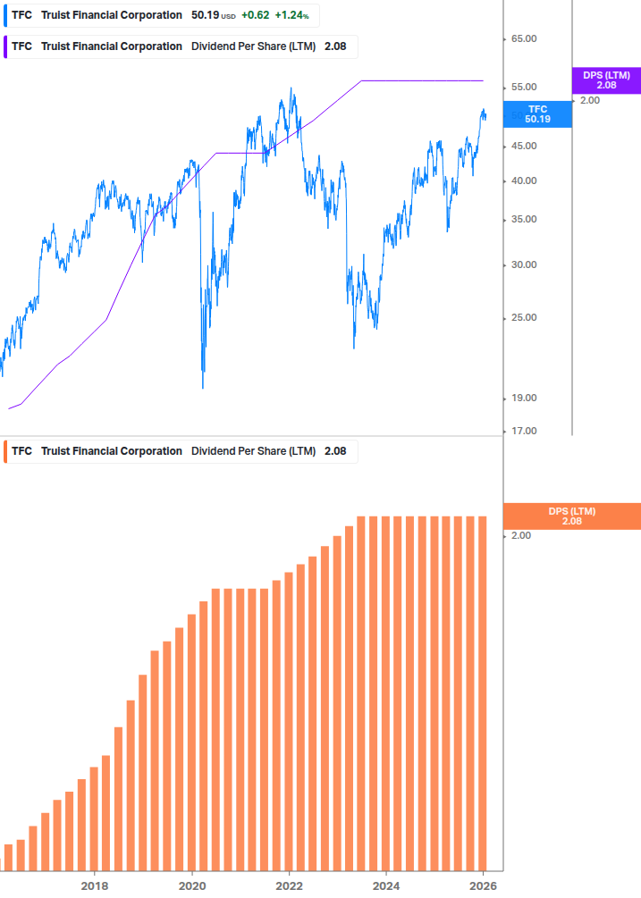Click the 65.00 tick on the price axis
coord(524,39)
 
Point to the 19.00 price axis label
coord(524,398)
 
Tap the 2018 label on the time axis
coord(95,885)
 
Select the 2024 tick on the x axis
coord(386,885)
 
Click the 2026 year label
coord(483,885)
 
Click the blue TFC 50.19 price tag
coord(537,113)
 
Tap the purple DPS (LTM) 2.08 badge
coord(606,80)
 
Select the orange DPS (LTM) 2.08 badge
coord(572,516)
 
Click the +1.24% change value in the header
coord(291,15)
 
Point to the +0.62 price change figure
coord(256,15)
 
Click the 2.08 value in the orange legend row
coord(335,451)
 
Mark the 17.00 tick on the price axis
coord(524,432)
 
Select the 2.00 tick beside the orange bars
coord(520,535)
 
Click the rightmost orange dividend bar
coord(483,692)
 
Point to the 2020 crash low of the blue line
coord(203,386)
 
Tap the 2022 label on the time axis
coord(289,885)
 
